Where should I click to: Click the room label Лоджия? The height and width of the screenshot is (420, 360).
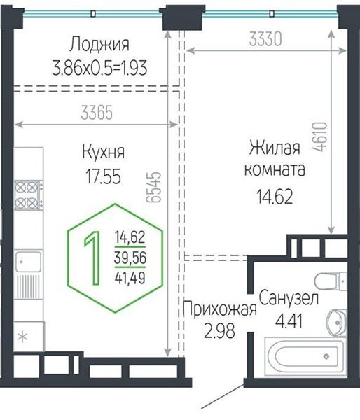pyautogui.click(x=99, y=45)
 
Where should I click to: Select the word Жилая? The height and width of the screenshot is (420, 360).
pyautogui.click(x=275, y=148)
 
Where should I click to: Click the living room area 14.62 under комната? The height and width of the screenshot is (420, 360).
pyautogui.click(x=273, y=193)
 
